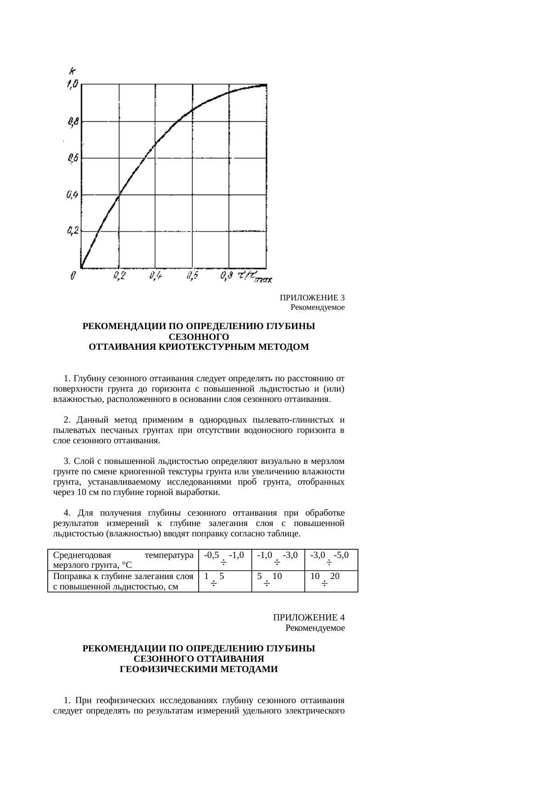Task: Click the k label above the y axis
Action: point(72,71)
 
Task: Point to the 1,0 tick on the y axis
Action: point(72,84)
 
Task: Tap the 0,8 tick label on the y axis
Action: point(72,121)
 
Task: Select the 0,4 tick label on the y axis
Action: point(72,195)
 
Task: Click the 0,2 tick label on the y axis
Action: point(72,231)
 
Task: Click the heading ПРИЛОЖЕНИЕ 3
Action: point(312,298)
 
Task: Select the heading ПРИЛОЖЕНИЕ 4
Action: point(309,618)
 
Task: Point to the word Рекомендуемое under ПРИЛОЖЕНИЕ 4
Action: point(315,628)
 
